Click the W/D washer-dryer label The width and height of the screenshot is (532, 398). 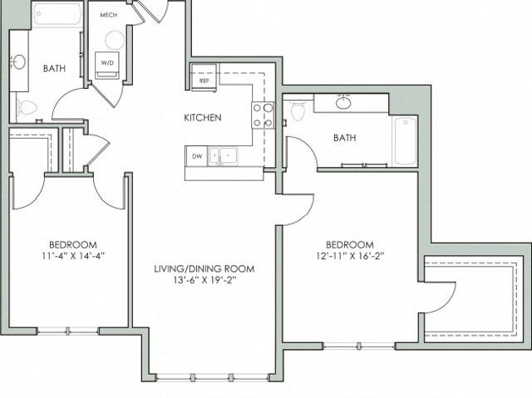107,62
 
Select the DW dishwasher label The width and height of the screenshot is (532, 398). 197,156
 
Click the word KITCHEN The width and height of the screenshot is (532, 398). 203,118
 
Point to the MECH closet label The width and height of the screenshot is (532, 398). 109,15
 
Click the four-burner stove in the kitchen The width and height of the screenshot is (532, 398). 263,115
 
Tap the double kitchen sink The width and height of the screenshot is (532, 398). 223,156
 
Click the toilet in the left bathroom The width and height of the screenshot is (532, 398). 27,108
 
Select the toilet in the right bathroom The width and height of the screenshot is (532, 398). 298,110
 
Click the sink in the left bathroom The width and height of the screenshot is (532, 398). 19,62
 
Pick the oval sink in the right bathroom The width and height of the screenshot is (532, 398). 343,102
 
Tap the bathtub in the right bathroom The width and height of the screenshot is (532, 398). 405,140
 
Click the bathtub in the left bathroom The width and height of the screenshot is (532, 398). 57,14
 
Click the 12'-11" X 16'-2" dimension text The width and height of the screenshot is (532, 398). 350,256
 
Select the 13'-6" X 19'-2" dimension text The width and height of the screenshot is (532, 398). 204,280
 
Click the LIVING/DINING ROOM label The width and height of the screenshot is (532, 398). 204,269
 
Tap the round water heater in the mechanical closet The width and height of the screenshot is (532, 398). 115,40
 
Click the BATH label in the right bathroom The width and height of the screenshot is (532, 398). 344,138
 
